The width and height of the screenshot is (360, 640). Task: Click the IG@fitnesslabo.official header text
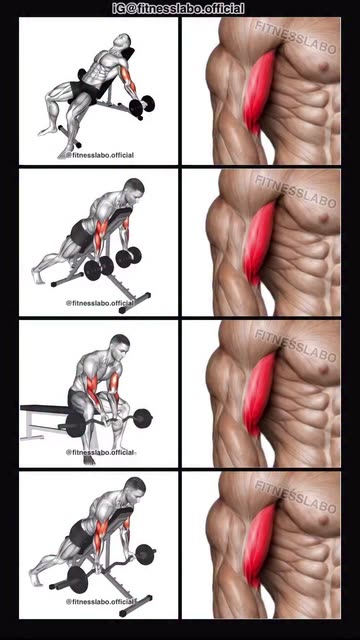[x=179, y=8]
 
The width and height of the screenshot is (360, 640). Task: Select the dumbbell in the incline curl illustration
[x=142, y=104]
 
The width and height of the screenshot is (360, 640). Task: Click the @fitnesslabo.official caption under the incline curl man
[x=100, y=155]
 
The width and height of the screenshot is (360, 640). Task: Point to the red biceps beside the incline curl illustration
[x=259, y=92]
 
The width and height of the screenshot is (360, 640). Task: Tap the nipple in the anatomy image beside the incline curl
[x=324, y=66]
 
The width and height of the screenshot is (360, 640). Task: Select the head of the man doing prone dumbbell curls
[x=134, y=188]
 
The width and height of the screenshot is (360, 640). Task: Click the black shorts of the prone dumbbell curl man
[x=81, y=236]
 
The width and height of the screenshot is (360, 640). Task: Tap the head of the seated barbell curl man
[x=120, y=344]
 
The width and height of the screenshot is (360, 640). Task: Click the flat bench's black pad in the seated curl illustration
[x=44, y=408]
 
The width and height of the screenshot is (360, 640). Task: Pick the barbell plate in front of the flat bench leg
[x=75, y=425]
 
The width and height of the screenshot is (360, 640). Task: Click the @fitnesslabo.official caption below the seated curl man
[x=100, y=452]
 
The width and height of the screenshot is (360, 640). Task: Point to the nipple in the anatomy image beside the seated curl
[x=324, y=370]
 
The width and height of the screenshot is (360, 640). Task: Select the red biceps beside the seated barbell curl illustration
[x=259, y=395]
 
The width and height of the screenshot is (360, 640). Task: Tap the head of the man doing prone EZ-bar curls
[x=135, y=487]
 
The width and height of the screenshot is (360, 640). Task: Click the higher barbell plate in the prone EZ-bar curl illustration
[x=146, y=554]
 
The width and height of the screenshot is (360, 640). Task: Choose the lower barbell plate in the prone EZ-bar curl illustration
[x=78, y=580]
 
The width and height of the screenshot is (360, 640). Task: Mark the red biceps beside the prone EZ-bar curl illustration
[x=259, y=546]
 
